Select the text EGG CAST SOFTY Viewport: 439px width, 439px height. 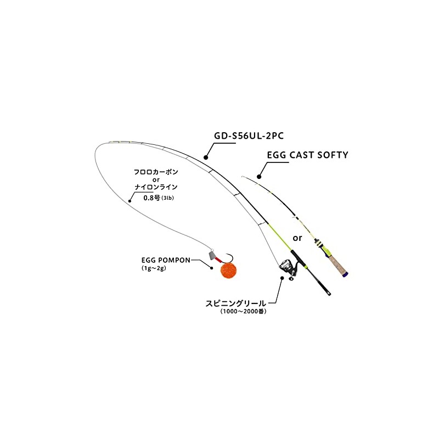307,155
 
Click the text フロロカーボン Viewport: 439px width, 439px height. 156,172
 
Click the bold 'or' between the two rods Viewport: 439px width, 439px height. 298,238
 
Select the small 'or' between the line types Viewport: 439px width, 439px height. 156,179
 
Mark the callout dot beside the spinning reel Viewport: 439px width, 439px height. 282,278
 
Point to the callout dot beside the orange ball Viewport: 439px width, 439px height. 212,268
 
